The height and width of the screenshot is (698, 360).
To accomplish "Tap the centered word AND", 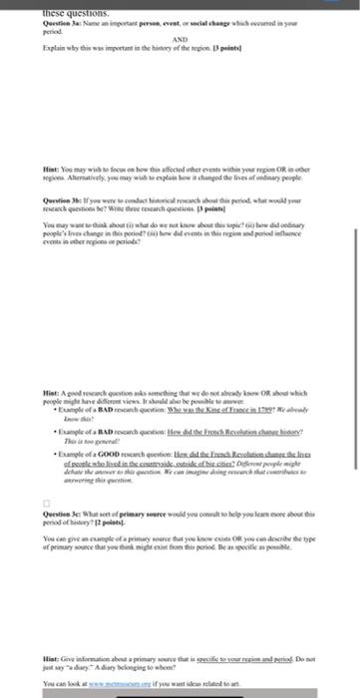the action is click(180, 38).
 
